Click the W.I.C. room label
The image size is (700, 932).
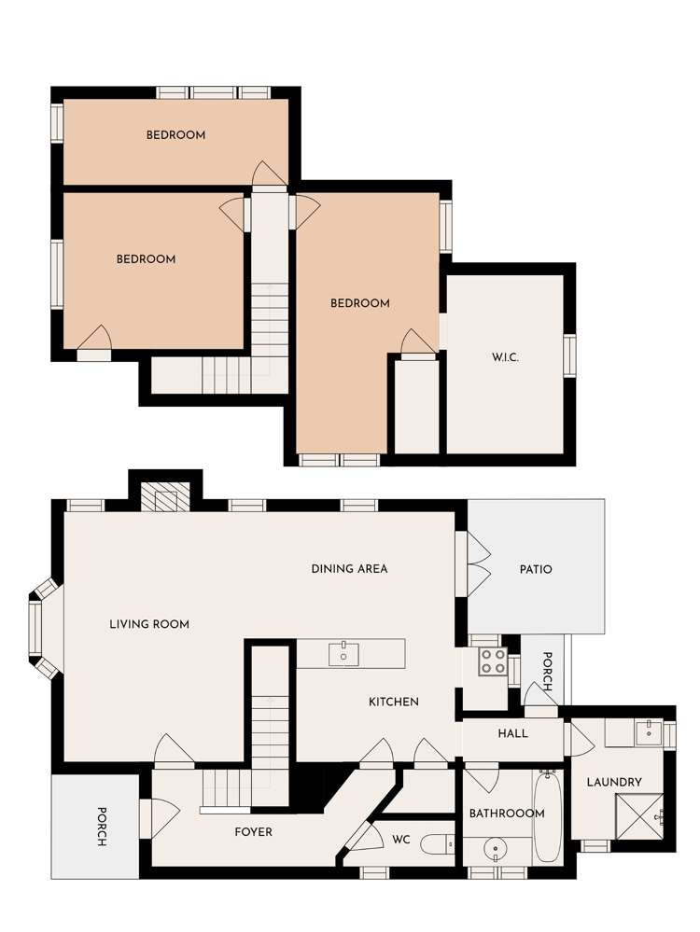505,357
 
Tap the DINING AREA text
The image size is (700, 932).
349,568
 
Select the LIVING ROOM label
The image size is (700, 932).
149,624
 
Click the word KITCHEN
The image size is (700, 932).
393,702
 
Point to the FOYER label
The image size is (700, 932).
252,831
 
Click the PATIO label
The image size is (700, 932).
535,569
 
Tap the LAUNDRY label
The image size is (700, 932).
614,782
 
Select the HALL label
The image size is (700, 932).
512,733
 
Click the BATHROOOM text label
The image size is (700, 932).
506,814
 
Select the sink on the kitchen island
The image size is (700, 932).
344,653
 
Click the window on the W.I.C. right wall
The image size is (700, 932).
569,355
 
